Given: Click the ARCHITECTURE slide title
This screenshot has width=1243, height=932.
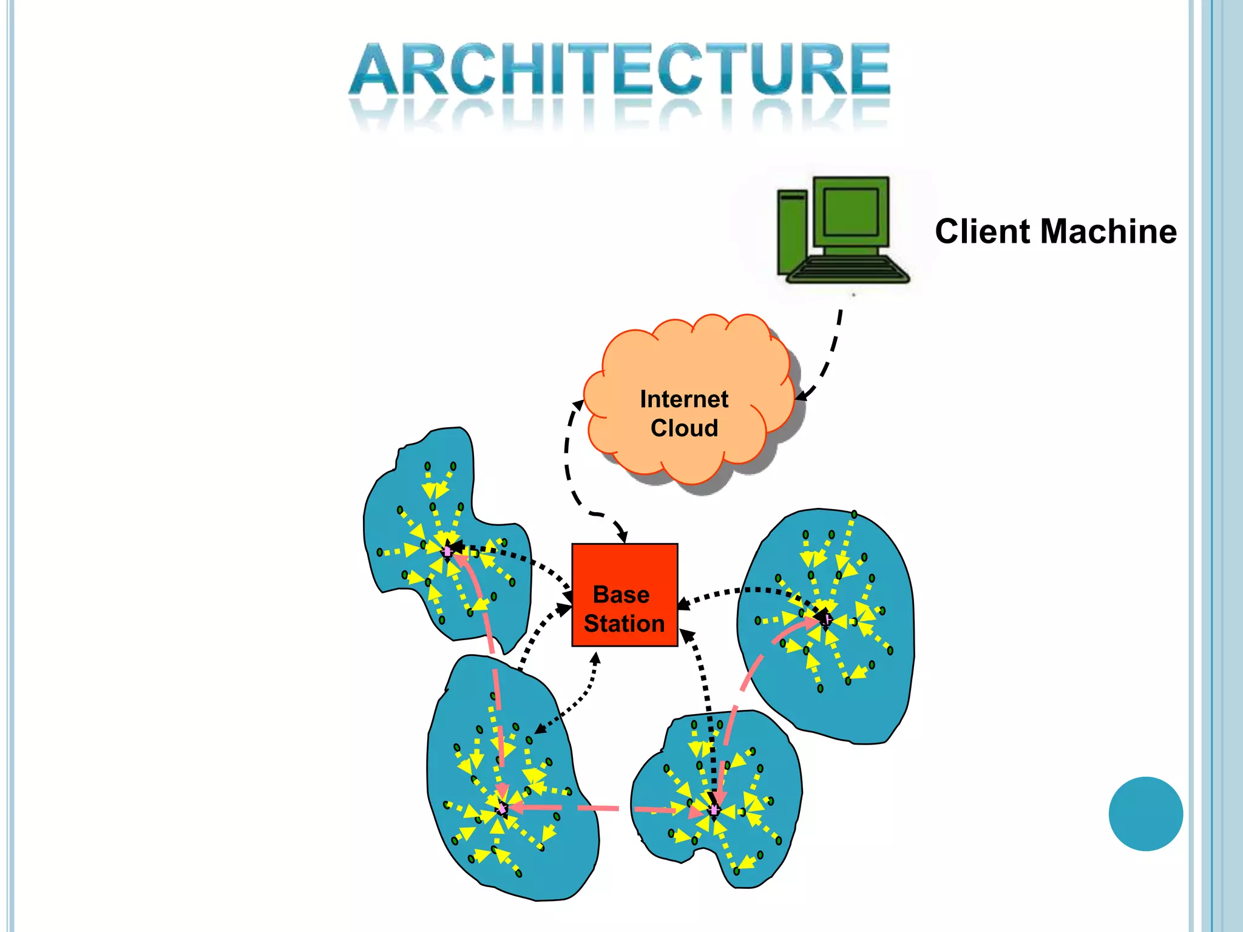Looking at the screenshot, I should click(x=619, y=70).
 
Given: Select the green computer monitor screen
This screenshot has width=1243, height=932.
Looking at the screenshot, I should click(x=851, y=212).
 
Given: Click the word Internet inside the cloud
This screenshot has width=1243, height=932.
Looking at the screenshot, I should click(x=684, y=399).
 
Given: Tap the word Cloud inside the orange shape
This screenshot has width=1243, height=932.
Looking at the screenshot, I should click(x=684, y=428).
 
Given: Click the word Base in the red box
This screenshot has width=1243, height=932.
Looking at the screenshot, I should click(x=621, y=595).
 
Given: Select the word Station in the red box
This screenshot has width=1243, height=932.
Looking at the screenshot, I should click(x=624, y=624).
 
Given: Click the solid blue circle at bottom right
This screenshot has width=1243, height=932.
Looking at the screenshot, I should click(x=1145, y=814).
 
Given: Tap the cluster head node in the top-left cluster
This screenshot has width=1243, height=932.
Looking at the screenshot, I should click(x=448, y=551).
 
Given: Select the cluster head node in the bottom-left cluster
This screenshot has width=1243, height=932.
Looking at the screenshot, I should click(x=502, y=808).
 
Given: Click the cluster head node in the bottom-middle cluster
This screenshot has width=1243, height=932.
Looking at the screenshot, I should click(x=714, y=810).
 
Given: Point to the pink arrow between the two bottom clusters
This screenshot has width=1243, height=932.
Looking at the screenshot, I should click(x=598, y=808).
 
